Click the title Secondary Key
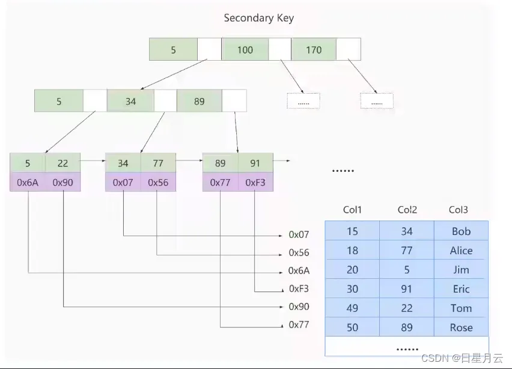pyautogui.click(x=258, y=18)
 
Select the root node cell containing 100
pyautogui.click(x=245, y=49)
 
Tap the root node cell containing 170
pyautogui.click(x=314, y=49)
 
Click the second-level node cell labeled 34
pyautogui.click(x=130, y=101)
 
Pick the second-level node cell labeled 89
pyautogui.click(x=199, y=101)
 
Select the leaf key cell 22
pyautogui.click(x=62, y=163)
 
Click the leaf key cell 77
pyautogui.click(x=158, y=163)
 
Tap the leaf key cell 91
pyautogui.click(x=255, y=163)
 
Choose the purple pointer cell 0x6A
pyautogui.click(x=28, y=182)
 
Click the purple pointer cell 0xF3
pyautogui.click(x=255, y=182)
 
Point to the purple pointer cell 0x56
pyautogui.click(x=158, y=182)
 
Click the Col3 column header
pyautogui.click(x=458, y=210)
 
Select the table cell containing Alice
pyautogui.click(x=461, y=250)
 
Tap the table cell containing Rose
pyautogui.click(x=461, y=327)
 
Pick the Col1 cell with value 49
pyautogui.click(x=352, y=308)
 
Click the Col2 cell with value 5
pyautogui.click(x=407, y=269)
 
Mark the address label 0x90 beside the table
pyautogui.click(x=299, y=306)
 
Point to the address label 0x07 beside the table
pyautogui.click(x=299, y=234)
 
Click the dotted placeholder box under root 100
pyautogui.click(x=303, y=101)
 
